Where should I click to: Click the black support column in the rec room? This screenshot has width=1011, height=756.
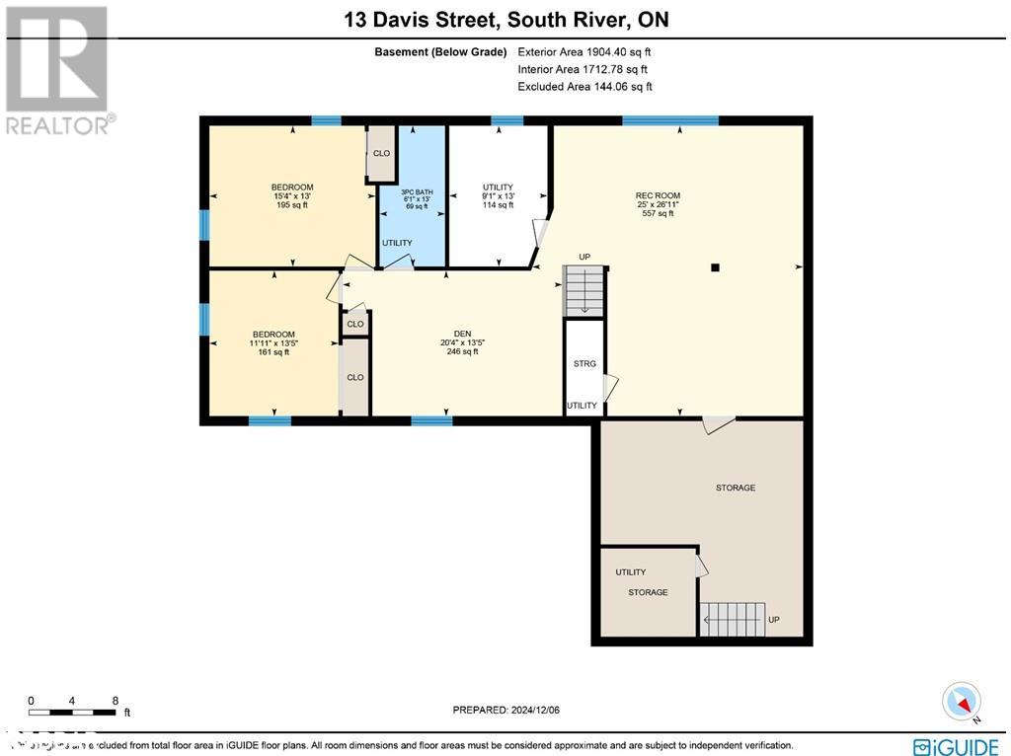(716, 266)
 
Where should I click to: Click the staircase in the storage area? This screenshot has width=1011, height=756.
(734, 619)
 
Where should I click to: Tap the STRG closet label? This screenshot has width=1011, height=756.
(584, 364)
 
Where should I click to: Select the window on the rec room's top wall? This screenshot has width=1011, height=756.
(669, 120)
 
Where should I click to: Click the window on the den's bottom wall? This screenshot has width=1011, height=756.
(431, 421)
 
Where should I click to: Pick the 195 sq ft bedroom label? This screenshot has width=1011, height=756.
(292, 196)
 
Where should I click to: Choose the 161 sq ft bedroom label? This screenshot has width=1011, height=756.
(272, 343)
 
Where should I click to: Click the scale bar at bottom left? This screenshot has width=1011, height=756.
(74, 711)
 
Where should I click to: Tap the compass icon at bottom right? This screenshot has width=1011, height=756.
(961, 702)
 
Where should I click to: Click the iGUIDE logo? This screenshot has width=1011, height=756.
(956, 745)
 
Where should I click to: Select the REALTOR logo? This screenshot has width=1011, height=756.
(58, 70)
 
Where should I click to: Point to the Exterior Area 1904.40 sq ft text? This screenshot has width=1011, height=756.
(584, 51)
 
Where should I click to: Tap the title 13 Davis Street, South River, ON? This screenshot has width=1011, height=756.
(505, 20)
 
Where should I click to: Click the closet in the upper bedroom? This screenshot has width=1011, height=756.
(381, 154)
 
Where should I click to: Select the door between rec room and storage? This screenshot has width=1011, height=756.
(718, 424)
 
